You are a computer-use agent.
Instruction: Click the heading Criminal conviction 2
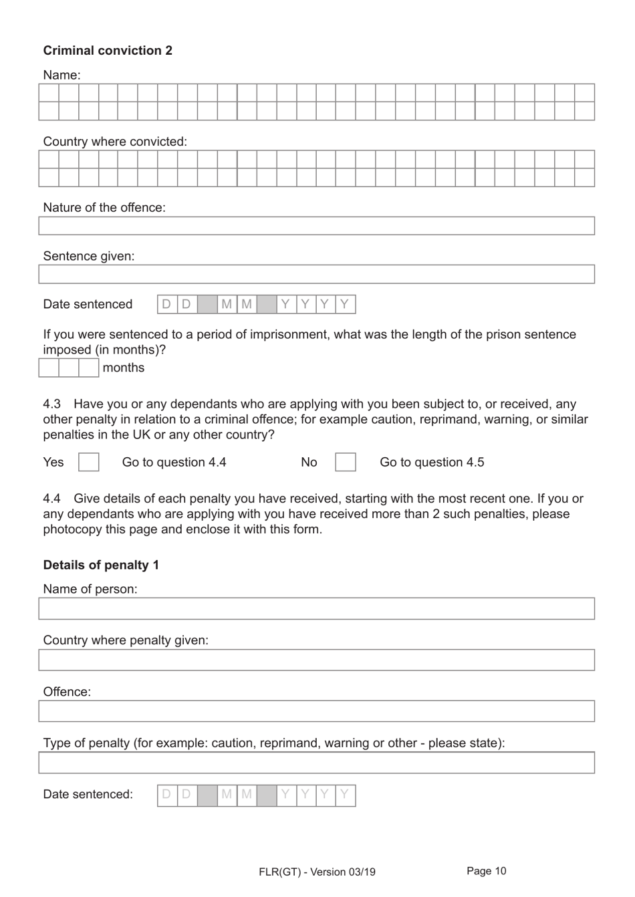tap(108, 51)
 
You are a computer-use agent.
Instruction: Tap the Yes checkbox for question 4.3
tap(89, 463)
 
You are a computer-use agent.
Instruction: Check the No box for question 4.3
tap(345, 463)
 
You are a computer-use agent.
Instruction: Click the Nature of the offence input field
tap(316, 226)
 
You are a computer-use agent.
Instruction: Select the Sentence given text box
tap(316, 274)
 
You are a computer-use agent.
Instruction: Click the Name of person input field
tap(316, 609)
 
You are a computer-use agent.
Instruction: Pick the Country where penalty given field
tap(316, 660)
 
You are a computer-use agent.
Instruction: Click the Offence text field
tap(316, 711)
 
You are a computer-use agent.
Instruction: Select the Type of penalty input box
tap(316, 763)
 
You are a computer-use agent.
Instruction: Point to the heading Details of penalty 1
tap(101, 565)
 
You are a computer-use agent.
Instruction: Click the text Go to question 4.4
tap(174, 463)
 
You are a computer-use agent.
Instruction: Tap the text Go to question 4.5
tap(432, 463)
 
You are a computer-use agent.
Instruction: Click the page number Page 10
tap(486, 871)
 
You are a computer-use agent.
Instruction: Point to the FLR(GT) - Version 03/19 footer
tap(317, 872)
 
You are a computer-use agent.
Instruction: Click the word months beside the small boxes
tap(124, 368)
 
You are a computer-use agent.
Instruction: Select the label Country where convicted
tap(115, 142)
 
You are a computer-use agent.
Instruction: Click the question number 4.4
tap(51, 499)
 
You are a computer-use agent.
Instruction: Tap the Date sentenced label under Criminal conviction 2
tap(88, 305)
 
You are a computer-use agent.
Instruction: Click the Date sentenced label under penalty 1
tap(88, 795)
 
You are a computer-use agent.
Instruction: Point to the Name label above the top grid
tap(61, 76)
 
